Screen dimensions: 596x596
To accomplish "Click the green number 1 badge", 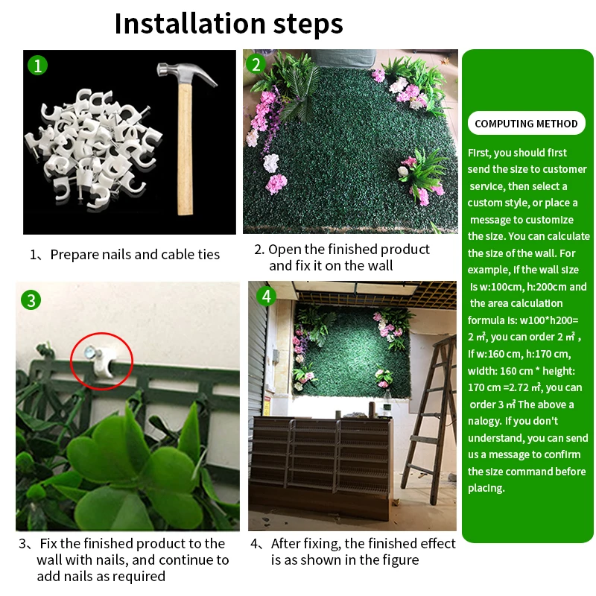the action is click(38, 66).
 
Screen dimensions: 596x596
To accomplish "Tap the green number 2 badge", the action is click(256, 64).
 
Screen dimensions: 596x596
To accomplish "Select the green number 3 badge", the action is click(31, 300).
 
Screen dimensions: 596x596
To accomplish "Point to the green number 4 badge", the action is click(266, 296).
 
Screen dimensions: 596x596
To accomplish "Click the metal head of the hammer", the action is click(186, 73).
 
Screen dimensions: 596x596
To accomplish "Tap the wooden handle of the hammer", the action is click(185, 149).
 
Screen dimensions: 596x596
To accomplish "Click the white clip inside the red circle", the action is click(104, 361).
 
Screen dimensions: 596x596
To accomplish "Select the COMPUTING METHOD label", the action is click(526, 124).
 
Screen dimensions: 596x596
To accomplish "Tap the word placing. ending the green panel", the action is click(486, 489).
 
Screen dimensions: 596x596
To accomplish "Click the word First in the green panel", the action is click(479, 153).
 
